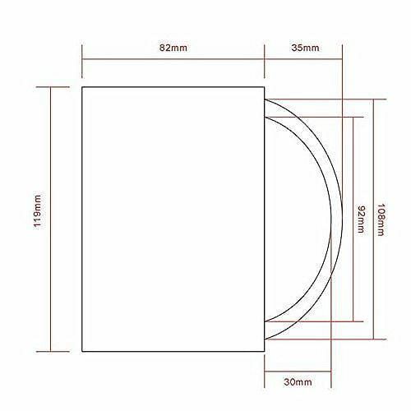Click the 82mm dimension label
[173, 48]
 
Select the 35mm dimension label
[305, 48]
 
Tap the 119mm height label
[37, 211]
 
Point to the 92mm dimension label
[361, 219]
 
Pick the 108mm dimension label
[381, 219]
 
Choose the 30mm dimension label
[298, 381]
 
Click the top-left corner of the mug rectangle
[82, 87]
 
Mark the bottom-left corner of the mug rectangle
[82, 351]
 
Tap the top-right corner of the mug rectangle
[265, 87]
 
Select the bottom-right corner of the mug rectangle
[265, 351]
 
